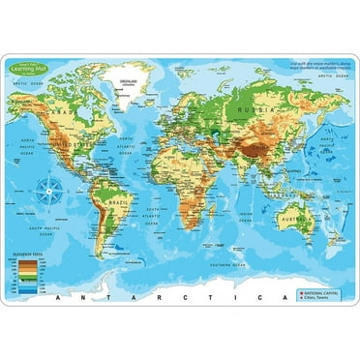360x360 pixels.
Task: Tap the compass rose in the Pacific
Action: coord(45,191)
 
